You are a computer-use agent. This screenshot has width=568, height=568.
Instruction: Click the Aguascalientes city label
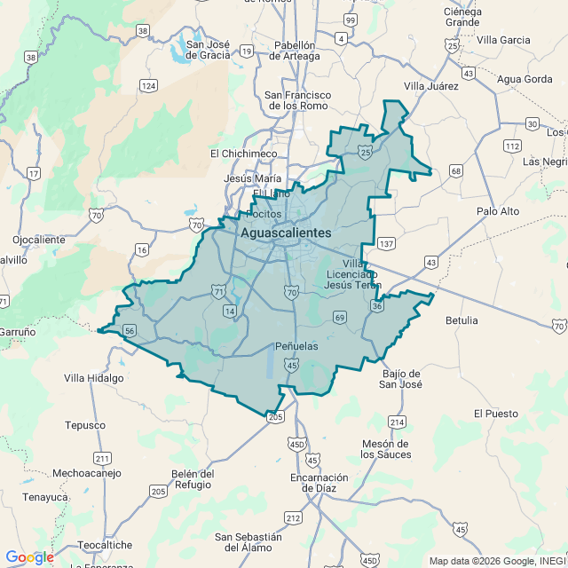tap(286, 233)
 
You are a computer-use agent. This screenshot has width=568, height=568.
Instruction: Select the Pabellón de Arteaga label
tap(296, 51)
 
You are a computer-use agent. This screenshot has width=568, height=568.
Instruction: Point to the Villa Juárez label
tap(430, 86)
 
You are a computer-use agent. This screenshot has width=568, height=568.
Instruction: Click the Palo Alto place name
tap(498, 211)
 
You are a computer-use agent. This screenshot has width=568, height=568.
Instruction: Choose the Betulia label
tap(461, 319)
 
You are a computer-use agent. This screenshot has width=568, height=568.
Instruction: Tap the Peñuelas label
tap(296, 345)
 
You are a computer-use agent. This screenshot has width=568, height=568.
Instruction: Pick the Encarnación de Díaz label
tap(319, 482)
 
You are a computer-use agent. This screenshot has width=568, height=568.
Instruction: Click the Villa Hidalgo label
tap(93, 377)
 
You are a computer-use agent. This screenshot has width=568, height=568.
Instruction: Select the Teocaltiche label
tap(105, 545)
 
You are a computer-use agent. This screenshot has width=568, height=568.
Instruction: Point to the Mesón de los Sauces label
tap(386, 449)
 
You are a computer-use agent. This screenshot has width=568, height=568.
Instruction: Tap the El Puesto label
tap(495, 414)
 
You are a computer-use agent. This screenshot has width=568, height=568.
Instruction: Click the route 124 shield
tap(148, 86)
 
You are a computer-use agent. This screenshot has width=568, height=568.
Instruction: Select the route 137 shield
tap(386, 243)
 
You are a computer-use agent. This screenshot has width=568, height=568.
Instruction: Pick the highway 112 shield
tap(512, 146)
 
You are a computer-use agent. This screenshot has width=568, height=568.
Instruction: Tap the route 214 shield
tap(397, 422)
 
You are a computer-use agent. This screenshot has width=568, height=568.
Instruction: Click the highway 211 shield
tap(103, 459)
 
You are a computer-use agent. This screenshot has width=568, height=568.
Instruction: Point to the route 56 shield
tap(130, 331)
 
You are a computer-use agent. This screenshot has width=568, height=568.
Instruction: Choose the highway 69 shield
tap(340, 318)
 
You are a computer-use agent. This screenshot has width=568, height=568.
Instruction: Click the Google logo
tap(29, 556)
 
